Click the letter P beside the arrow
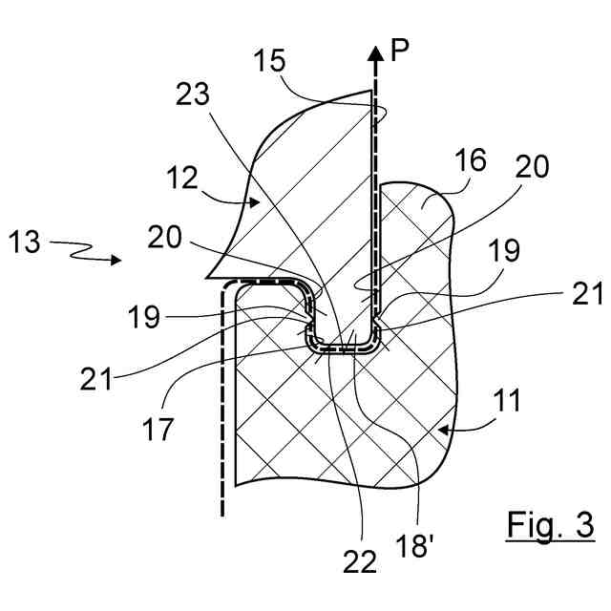click(x=399, y=52)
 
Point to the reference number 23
click(x=194, y=95)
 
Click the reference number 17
click(x=158, y=429)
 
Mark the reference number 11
click(x=509, y=401)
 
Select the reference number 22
click(x=359, y=563)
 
